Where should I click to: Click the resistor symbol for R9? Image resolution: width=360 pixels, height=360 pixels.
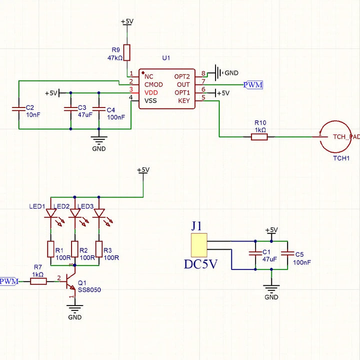pyautogui.click(x=126, y=52)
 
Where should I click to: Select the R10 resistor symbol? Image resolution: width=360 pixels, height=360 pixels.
pyautogui.click(x=259, y=136)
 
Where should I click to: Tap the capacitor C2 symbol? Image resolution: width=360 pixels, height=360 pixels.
pyautogui.click(x=18, y=107)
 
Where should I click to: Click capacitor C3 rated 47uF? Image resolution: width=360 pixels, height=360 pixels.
pyautogui.click(x=70, y=108)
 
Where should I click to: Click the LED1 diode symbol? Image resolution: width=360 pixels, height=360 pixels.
pyautogui.click(x=51, y=213)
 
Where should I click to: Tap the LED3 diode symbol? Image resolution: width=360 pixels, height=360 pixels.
pyautogui.click(x=99, y=213)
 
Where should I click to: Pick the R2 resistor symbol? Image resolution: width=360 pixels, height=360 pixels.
pyautogui.click(x=75, y=248)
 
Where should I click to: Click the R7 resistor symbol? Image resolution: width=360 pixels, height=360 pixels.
pyautogui.click(x=38, y=281)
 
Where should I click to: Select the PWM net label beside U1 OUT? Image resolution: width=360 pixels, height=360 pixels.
pyautogui.click(x=253, y=84)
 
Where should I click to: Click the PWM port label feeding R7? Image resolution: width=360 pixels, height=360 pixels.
pyautogui.click(x=9, y=281)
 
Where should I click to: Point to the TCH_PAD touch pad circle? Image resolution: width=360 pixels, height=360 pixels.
pyautogui.click(x=331, y=136)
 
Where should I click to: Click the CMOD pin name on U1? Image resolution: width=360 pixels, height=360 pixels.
pyautogui.click(x=153, y=84)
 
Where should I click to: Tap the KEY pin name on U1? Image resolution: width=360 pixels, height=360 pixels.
pyautogui.click(x=184, y=100)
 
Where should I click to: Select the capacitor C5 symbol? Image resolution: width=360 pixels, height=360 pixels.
pyautogui.click(x=287, y=253)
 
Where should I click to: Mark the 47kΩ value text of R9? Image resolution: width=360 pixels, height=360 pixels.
pyautogui.click(x=114, y=58)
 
